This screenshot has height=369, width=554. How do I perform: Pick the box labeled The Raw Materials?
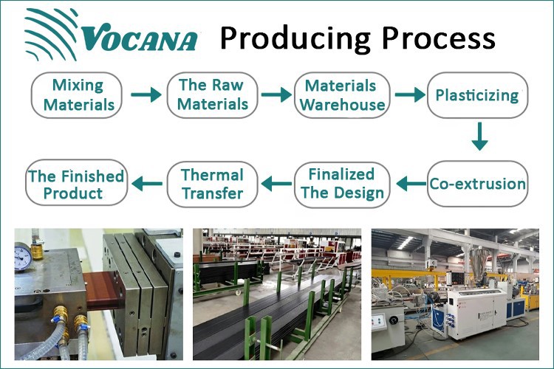[x=213, y=94]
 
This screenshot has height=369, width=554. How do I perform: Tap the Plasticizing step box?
[x=477, y=94]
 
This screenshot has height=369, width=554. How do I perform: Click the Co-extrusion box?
[x=478, y=184]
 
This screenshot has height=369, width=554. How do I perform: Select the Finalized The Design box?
[x=341, y=184]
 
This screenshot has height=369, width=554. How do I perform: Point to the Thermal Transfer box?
[x=212, y=184]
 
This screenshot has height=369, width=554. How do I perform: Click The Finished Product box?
[x=75, y=184]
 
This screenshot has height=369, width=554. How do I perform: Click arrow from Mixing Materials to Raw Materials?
[x=145, y=95]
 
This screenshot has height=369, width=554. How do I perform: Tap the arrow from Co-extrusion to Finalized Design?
[x=410, y=182]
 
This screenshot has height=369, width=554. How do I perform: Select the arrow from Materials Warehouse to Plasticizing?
[x=410, y=95]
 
